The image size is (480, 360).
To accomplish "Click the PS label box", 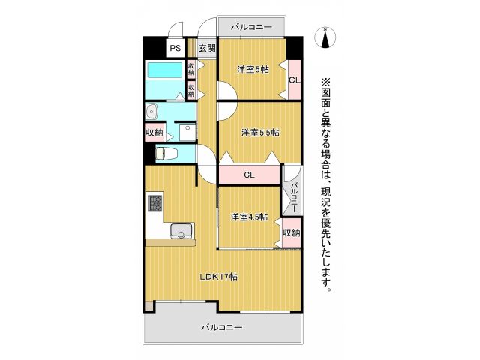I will pos(175,48).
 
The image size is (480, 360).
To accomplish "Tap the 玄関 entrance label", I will pos(207,48).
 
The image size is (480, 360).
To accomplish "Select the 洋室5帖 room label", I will pos(253,70).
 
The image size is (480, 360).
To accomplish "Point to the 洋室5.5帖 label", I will pos(260,133).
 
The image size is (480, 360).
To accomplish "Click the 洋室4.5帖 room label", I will pos(249,217).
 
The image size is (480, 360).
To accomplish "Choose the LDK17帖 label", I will pos(218,276).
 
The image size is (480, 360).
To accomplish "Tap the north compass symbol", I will pos(325,37).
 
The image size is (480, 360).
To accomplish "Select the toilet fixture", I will pos(166,154).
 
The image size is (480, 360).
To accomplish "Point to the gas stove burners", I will pos(154,202).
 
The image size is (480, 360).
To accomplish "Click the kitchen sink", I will pos(181,231).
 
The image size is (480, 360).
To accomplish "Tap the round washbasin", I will pos(152,111).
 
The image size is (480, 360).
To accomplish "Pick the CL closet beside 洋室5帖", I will pos(294,79).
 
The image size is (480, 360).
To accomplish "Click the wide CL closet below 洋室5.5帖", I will pos(250,175).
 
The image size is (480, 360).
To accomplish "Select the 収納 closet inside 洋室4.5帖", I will pos(292,232).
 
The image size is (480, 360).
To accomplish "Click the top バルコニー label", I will pos(251,27).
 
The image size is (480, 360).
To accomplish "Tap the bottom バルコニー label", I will pos(222,328).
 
